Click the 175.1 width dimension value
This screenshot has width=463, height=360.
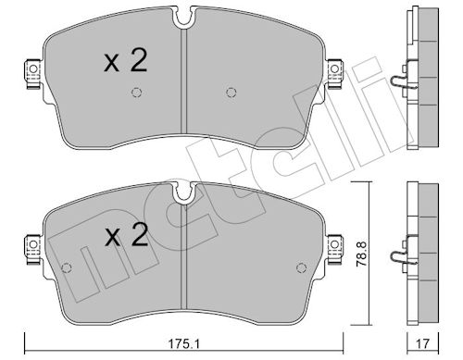(x=183, y=343)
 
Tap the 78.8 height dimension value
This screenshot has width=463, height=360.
(x=360, y=254)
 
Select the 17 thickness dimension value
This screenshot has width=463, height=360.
(x=422, y=343)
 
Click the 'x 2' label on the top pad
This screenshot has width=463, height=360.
(x=125, y=61)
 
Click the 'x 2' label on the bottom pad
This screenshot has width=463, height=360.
(x=127, y=235)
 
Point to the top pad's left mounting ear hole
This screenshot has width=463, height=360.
(x=33, y=68)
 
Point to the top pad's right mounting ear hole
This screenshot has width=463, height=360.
(x=334, y=68)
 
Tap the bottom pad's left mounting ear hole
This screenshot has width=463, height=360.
(x=33, y=244)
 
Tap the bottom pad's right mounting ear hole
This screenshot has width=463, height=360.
(x=334, y=244)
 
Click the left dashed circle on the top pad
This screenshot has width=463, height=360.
(x=136, y=93)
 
